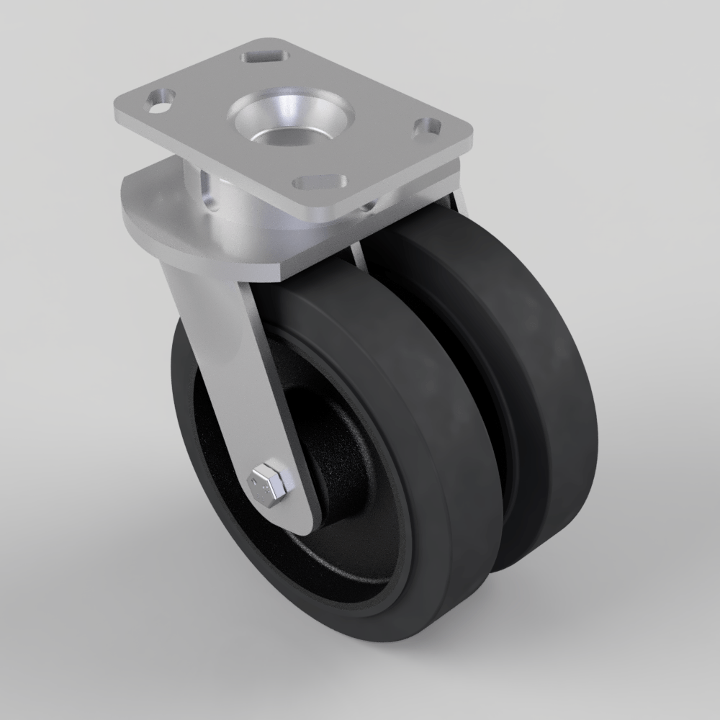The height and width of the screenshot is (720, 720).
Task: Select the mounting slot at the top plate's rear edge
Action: [264, 55]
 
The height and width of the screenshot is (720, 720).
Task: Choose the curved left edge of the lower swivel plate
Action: [130, 216]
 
